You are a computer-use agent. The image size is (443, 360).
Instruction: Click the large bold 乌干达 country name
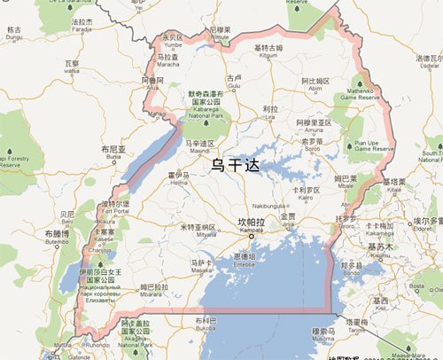pos(234,163)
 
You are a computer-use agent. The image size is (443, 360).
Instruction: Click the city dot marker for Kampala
pos(252,238)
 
